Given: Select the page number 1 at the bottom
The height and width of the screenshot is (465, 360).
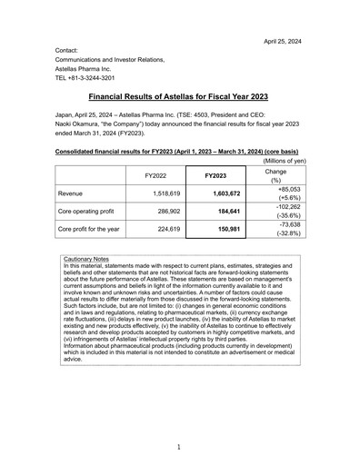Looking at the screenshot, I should point(180,446).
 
